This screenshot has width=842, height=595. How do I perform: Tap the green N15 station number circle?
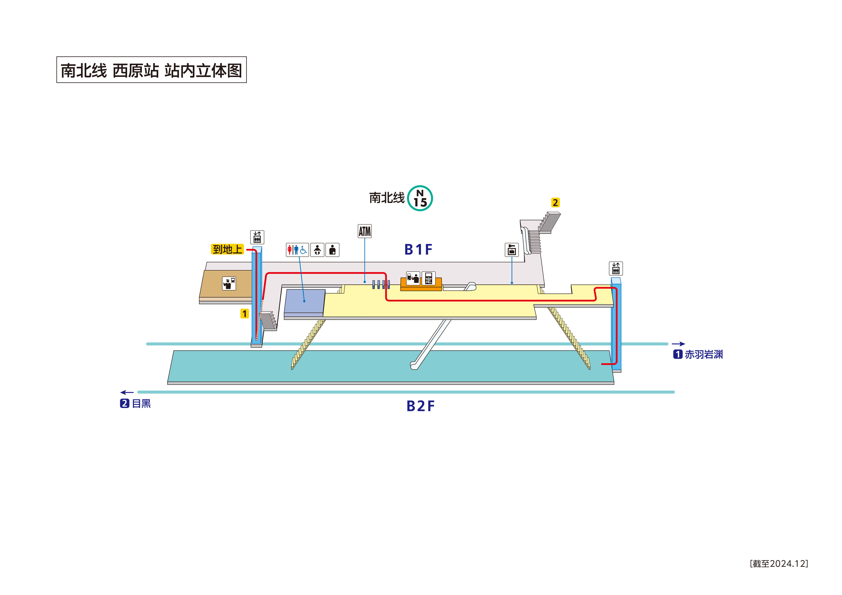point(420,198)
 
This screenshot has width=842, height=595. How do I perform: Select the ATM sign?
point(365,231)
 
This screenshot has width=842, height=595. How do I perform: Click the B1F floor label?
point(418,250)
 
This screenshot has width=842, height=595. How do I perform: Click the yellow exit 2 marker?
point(555,203)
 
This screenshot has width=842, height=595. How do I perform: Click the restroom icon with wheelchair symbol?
point(297,250)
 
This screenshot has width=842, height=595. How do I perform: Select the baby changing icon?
point(317,250)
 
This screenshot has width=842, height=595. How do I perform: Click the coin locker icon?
point(512,250)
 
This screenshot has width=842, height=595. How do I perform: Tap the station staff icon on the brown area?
point(229,283)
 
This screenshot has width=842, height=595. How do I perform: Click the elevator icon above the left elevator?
point(257,237)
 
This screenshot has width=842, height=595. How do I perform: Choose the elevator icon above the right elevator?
point(616,268)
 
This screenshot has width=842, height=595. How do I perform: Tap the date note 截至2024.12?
point(779,564)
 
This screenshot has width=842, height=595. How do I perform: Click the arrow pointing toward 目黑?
point(127,393)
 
